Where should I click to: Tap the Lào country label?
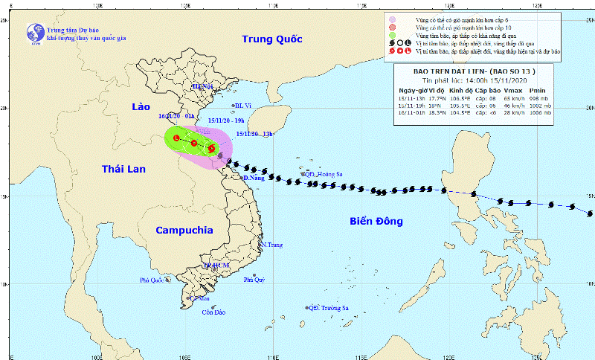click(x=141, y=107)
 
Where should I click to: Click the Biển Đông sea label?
click(x=376, y=221)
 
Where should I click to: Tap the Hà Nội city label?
click(x=202, y=87)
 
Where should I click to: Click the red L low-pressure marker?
click(x=176, y=138)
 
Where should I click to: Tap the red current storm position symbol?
click(x=211, y=148)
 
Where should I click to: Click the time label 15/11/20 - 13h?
click(x=254, y=134)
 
